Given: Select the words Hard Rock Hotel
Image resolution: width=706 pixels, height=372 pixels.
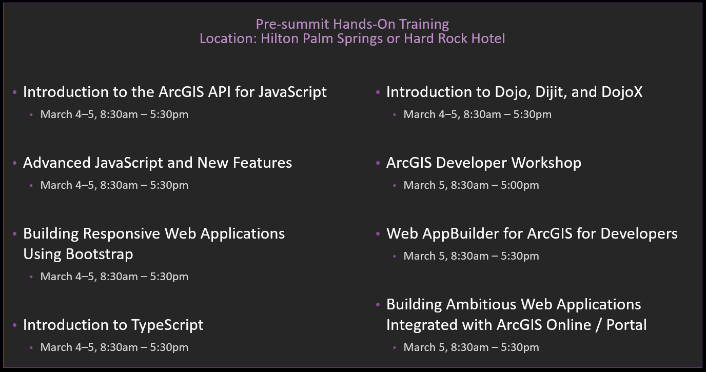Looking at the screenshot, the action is [455, 38].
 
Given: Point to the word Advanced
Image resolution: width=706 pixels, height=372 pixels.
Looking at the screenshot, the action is [57, 163].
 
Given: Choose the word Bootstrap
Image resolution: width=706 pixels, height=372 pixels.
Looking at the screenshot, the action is [100, 254].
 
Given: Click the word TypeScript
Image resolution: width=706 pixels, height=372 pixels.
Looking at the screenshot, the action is [167, 325].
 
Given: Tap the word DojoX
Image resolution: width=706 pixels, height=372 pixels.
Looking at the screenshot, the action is [621, 92].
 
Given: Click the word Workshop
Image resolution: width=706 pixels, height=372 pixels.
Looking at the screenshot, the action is [546, 163].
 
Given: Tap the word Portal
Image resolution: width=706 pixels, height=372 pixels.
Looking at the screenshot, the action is [626, 325].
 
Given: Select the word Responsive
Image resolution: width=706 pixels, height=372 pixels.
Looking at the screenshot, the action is [121, 234].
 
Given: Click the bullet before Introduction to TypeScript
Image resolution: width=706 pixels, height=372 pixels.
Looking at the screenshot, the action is [14, 325].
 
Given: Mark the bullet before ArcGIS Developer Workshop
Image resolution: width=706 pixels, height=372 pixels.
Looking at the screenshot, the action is [378, 163].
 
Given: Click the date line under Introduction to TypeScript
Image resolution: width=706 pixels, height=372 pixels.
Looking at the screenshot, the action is [114, 347].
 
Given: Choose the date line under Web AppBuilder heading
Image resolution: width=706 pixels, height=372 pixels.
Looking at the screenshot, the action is [471, 256].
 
